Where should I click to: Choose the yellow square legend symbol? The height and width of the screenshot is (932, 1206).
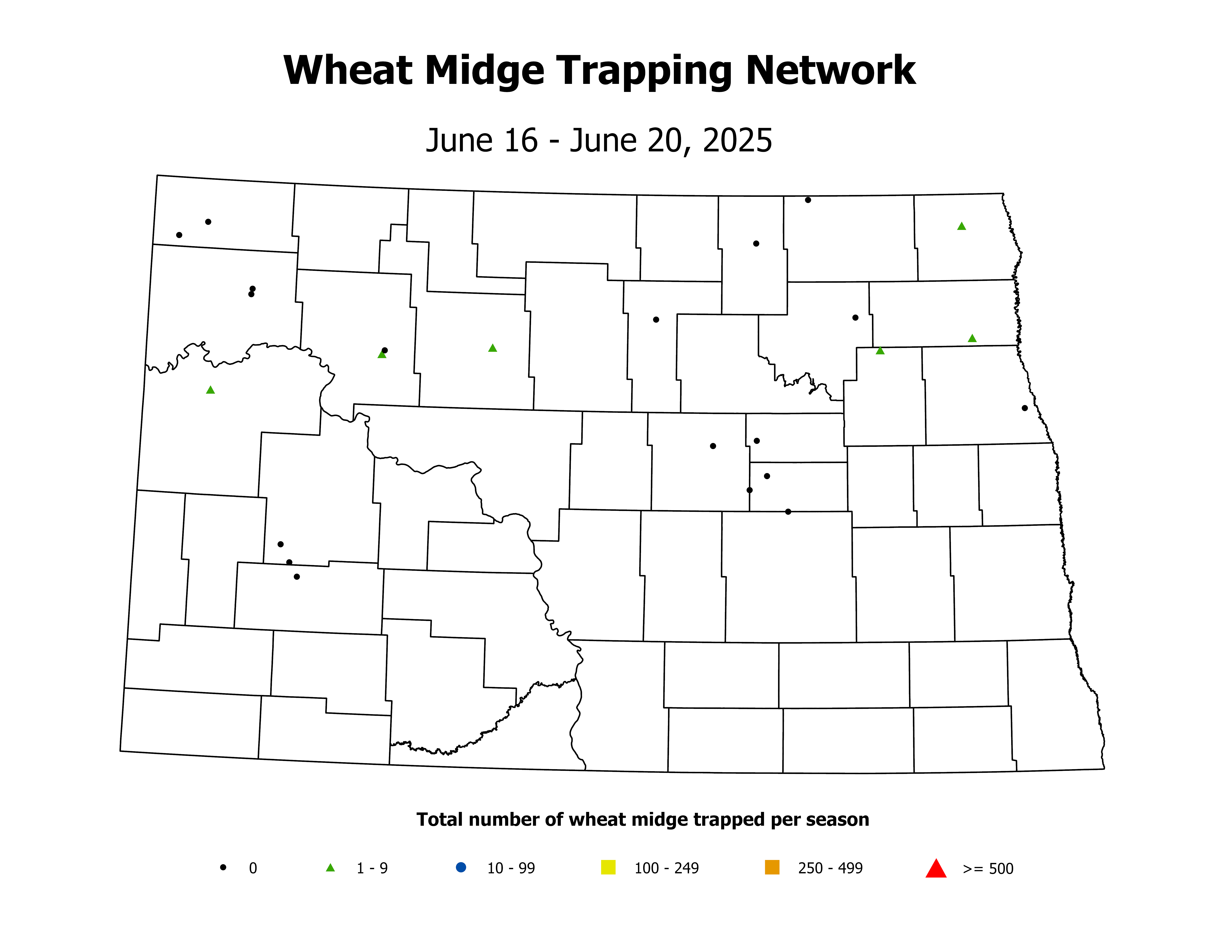tap(608, 867)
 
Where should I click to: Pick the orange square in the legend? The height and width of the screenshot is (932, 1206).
tap(772, 867)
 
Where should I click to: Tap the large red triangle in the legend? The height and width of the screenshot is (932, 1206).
tap(936, 869)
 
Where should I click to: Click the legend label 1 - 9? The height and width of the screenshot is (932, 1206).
tap(372, 869)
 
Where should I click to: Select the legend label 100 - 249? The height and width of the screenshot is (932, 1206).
tap(667, 869)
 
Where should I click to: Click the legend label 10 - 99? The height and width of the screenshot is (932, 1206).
tap(511, 869)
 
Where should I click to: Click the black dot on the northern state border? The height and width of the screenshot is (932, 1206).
tap(808, 200)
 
